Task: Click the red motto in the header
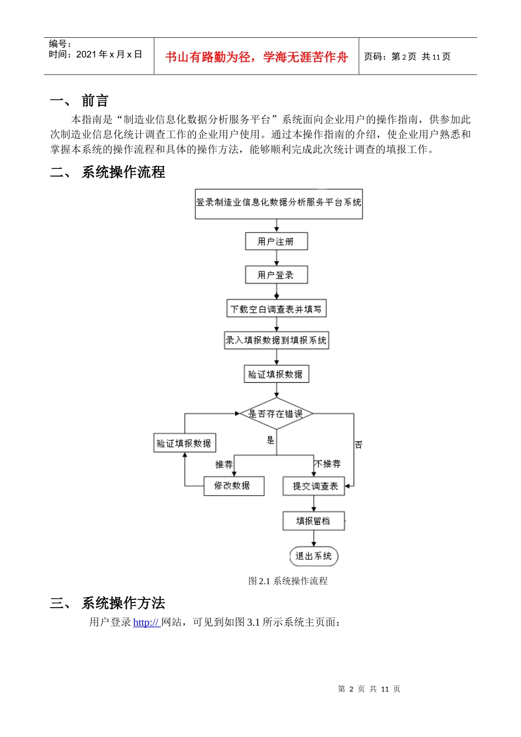click(x=256, y=57)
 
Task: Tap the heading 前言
click(x=95, y=101)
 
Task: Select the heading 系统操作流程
click(x=123, y=172)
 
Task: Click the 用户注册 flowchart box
click(x=276, y=241)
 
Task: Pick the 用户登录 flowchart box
click(x=276, y=275)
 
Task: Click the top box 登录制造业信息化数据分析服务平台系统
click(x=279, y=203)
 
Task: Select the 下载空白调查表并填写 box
click(x=276, y=309)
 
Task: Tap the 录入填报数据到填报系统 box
click(x=276, y=340)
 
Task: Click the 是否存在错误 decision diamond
click(x=276, y=414)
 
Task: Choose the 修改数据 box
click(x=234, y=486)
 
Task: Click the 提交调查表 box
click(x=314, y=486)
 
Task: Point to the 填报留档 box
click(x=313, y=521)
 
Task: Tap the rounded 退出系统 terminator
click(x=314, y=556)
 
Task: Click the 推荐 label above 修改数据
click(x=224, y=464)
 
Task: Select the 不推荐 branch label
click(x=328, y=464)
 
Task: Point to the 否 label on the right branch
click(x=358, y=445)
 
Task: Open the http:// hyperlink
click(x=146, y=622)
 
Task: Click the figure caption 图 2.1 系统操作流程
click(x=288, y=581)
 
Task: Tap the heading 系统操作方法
click(x=123, y=603)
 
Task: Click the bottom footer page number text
click(x=369, y=689)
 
